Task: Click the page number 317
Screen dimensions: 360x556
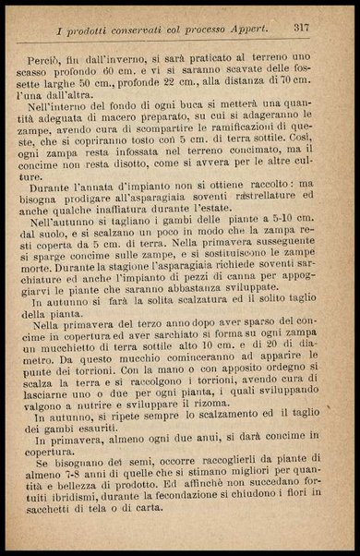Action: [x=302, y=29]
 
